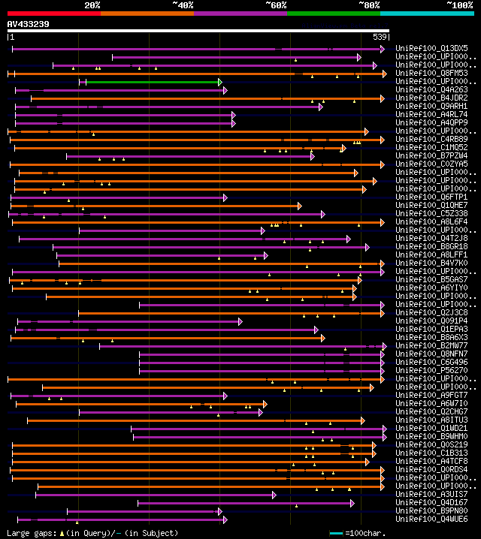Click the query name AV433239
click(x=29, y=24)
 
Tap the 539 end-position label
click(x=380, y=37)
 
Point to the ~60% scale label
click(x=276, y=5)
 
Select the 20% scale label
click(x=92, y=5)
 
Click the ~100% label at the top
click(x=459, y=5)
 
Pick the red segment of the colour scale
click(x=53, y=14)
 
